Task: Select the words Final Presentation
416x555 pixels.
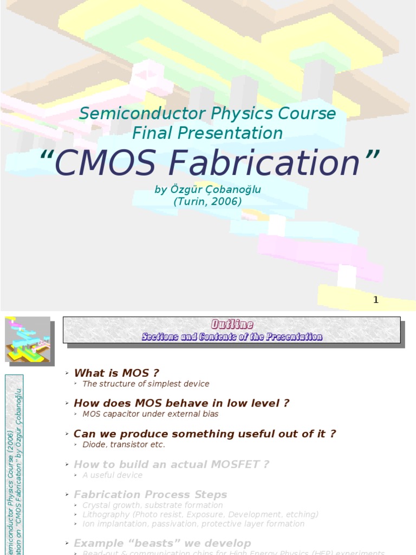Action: (x=207, y=133)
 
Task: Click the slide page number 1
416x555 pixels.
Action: (x=376, y=300)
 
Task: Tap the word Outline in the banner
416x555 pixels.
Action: (x=232, y=325)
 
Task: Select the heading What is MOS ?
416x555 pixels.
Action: (x=116, y=373)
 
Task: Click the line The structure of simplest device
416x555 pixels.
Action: (x=146, y=384)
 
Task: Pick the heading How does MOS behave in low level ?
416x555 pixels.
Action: (x=181, y=403)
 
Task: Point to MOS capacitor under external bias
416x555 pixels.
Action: (x=151, y=414)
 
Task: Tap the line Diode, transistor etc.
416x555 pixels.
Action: (x=123, y=444)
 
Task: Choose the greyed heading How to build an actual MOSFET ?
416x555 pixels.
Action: (x=171, y=464)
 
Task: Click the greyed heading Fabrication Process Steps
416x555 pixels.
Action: (x=150, y=495)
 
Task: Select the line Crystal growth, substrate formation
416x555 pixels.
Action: (x=152, y=505)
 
